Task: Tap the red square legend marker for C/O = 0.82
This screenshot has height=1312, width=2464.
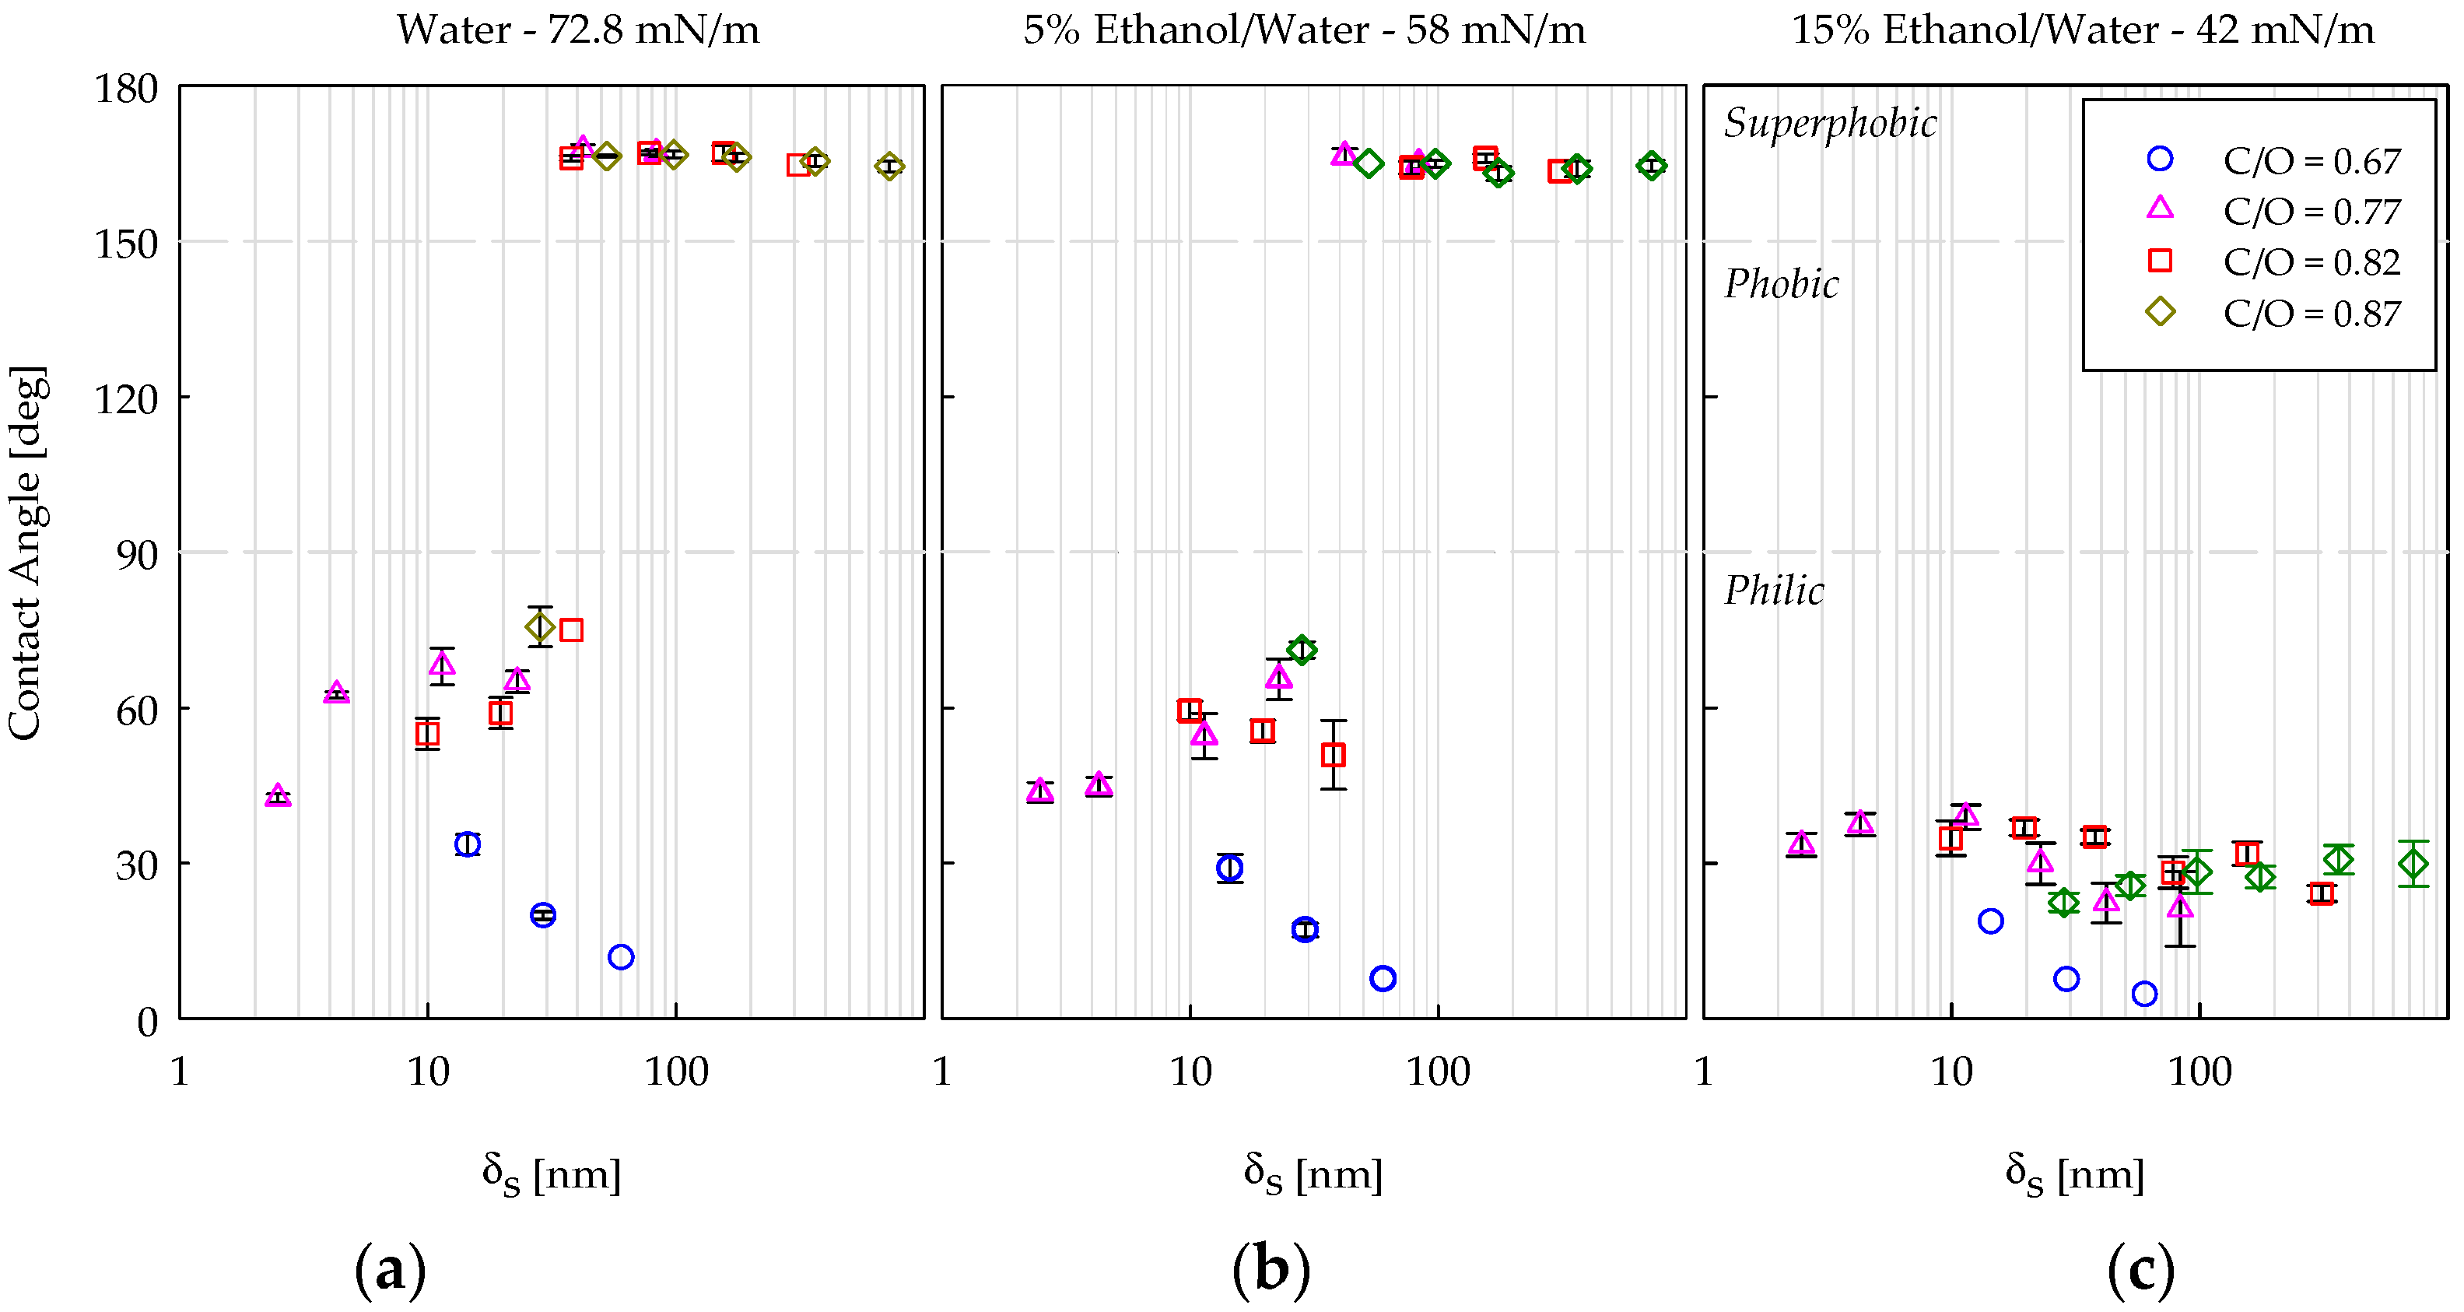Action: click(x=2160, y=261)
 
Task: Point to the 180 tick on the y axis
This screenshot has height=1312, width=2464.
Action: click(x=125, y=88)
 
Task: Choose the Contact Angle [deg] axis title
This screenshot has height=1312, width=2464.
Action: click(x=25, y=553)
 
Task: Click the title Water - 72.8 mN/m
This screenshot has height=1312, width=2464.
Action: click(x=578, y=30)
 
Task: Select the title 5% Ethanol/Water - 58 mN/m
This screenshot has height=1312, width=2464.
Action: click(x=1304, y=30)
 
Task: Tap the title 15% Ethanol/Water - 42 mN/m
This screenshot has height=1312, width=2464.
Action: click(x=2082, y=30)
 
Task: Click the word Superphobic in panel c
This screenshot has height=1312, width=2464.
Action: click(x=1829, y=122)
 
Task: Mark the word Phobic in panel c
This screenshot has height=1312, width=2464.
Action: click(x=1781, y=283)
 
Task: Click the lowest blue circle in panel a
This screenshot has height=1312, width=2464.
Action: click(x=621, y=957)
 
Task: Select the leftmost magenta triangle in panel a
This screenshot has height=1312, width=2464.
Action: click(x=278, y=795)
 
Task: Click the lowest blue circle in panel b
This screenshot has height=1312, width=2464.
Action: click(x=1383, y=978)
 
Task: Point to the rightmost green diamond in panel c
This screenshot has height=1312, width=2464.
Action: click(x=2413, y=864)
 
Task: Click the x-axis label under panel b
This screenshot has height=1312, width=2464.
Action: click(x=1313, y=1173)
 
